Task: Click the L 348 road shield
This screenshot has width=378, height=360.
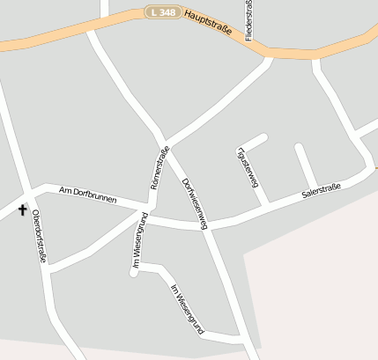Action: pos(163,12)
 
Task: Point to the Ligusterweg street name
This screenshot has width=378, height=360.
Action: pos(248,167)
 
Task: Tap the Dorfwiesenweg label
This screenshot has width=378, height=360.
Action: pos(194,203)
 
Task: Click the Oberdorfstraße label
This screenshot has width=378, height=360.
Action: pos(39,236)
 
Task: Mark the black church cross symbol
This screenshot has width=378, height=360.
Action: pos(22,209)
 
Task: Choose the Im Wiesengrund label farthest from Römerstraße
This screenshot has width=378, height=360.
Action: pos(187,309)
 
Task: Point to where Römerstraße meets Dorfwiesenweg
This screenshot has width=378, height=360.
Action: pos(165,146)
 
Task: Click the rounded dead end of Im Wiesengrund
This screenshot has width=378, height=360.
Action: pos(135,272)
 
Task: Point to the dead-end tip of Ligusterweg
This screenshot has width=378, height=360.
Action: pos(263,136)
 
